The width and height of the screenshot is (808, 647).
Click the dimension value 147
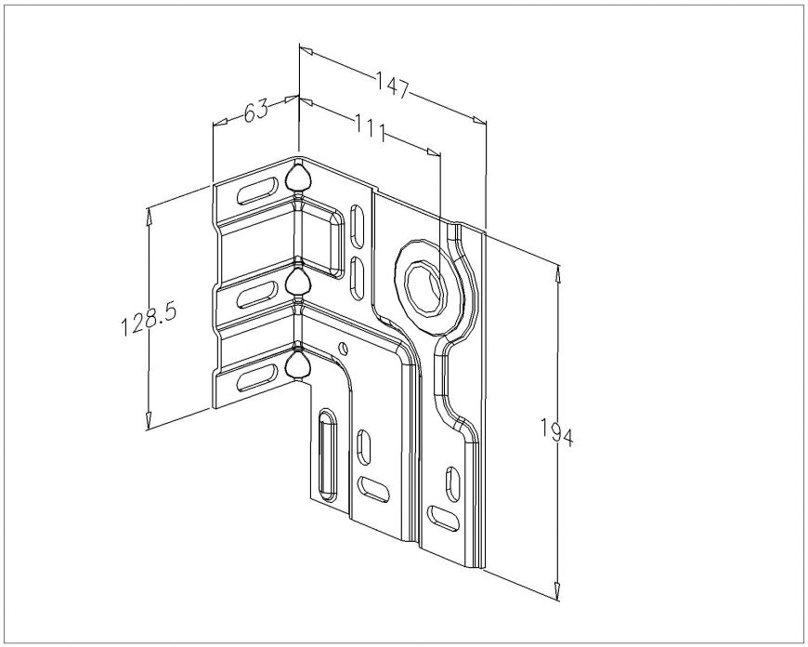click(x=392, y=86)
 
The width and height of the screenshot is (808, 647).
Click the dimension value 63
click(x=256, y=111)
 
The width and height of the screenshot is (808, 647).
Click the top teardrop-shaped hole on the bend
click(x=298, y=178)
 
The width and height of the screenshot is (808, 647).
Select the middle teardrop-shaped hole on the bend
click(x=298, y=283)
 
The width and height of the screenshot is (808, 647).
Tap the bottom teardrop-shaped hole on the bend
click(x=298, y=365)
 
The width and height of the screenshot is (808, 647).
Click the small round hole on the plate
click(x=343, y=349)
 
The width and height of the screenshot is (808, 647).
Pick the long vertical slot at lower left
click(x=327, y=455)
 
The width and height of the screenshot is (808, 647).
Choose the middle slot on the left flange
click(x=256, y=296)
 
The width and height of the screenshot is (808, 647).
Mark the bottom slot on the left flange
click(x=256, y=377)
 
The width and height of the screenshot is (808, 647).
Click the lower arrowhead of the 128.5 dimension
click(x=149, y=421)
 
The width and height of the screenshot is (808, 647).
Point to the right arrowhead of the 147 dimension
click(x=479, y=121)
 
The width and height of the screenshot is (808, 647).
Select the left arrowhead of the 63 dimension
click(x=220, y=123)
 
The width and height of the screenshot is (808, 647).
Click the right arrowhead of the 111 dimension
click(x=434, y=152)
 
